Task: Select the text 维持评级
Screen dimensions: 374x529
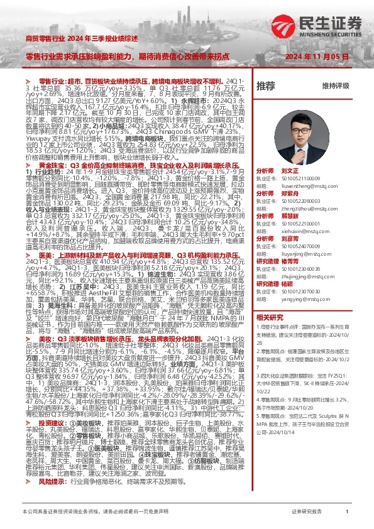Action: pyautogui.click(x=335, y=85)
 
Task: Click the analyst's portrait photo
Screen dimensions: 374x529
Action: pyautogui.click(x=297, y=133)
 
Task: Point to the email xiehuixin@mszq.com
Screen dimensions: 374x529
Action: pyautogui.click(x=300, y=232)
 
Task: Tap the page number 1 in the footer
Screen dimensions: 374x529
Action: pyautogui.click(x=347, y=512)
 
